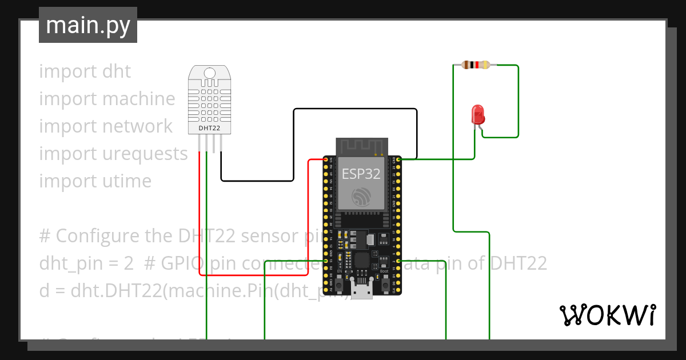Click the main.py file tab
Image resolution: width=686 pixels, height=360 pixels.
tap(87, 25)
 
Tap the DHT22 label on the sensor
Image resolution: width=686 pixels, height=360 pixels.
tap(209, 128)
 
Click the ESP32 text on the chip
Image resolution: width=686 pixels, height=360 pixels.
tap(361, 174)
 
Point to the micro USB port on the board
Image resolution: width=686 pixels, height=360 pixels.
tap(361, 291)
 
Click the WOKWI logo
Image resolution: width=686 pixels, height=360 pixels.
tap(607, 315)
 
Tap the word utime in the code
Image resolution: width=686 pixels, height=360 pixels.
tap(127, 181)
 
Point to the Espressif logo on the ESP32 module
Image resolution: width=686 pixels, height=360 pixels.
tap(361, 197)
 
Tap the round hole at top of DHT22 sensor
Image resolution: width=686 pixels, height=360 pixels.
tap(210, 73)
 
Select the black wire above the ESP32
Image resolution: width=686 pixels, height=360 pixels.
tap(354, 109)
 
